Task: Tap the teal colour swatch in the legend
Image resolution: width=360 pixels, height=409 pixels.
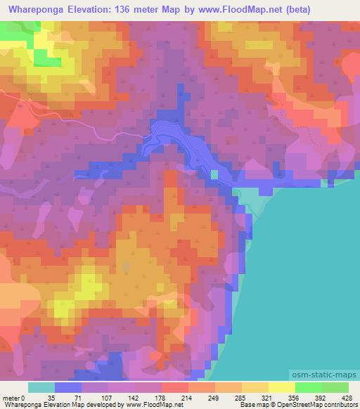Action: click(x=41, y=387)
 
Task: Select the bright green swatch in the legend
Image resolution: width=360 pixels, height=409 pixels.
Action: click(x=308, y=387)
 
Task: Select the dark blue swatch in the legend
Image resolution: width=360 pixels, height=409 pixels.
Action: click(x=68, y=387)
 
